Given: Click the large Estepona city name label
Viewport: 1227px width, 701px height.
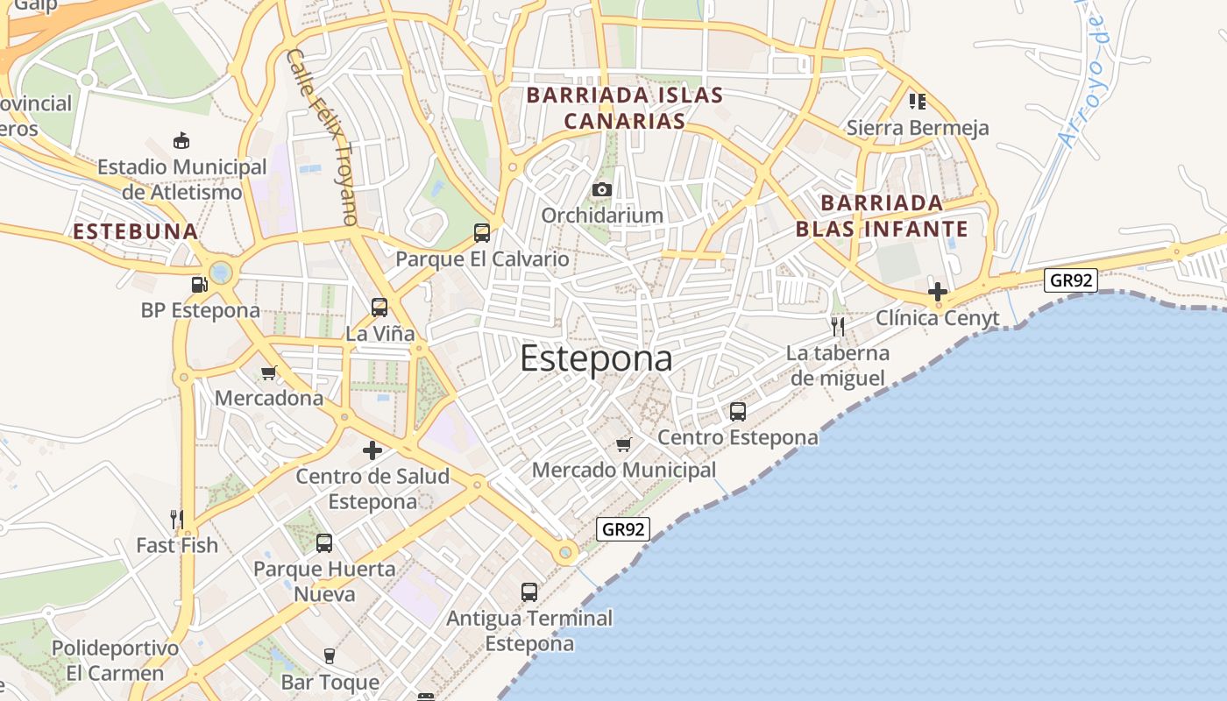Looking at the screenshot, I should (x=597, y=358).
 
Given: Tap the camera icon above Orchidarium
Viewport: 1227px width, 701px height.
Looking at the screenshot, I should (x=601, y=189).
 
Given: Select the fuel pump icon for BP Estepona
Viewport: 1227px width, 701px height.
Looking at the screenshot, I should (x=199, y=284).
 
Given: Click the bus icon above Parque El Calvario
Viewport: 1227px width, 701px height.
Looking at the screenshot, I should (x=482, y=232).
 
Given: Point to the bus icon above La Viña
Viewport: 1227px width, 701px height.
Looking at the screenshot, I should (x=379, y=307).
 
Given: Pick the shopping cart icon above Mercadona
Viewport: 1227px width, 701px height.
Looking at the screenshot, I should (x=269, y=372).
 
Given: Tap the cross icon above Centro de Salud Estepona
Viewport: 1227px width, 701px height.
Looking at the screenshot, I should (x=372, y=450).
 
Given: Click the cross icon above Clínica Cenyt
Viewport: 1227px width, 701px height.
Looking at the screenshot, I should (x=938, y=292).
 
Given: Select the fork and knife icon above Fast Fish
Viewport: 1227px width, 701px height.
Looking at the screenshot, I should (x=177, y=520).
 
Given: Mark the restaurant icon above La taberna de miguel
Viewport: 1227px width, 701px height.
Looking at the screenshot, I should (x=838, y=327).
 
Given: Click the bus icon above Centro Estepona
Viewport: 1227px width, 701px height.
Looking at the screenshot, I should (x=738, y=411).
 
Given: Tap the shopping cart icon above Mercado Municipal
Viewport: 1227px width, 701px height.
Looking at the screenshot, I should (x=623, y=444).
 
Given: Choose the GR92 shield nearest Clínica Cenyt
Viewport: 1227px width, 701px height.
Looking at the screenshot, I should (x=1070, y=280).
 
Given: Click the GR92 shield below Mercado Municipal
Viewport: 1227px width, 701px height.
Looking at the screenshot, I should (x=624, y=529).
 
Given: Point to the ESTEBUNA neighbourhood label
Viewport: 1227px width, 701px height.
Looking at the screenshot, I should (x=136, y=232).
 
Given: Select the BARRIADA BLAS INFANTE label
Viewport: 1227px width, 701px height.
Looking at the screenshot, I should (x=881, y=216).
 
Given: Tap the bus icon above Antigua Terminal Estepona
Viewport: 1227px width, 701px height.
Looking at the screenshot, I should (x=529, y=591).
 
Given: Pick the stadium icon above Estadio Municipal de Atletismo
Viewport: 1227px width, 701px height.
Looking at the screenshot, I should (x=181, y=140).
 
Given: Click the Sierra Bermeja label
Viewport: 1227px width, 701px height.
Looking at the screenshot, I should (x=918, y=128).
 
